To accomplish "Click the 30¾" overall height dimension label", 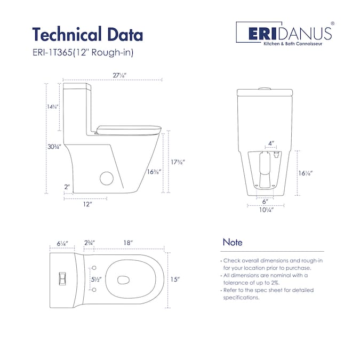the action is (x=54, y=147).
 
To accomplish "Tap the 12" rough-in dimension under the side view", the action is (x=87, y=204).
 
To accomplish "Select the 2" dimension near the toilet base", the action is (x=67, y=187).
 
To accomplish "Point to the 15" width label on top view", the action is (x=175, y=279).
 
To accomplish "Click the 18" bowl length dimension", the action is (x=128, y=243).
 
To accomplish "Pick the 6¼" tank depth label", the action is (x=62, y=243).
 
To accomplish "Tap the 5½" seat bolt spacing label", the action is (x=96, y=279).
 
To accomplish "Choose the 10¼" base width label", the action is (x=266, y=210).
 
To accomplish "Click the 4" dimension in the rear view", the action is (x=271, y=143).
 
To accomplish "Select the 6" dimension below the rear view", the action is (x=265, y=202).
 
